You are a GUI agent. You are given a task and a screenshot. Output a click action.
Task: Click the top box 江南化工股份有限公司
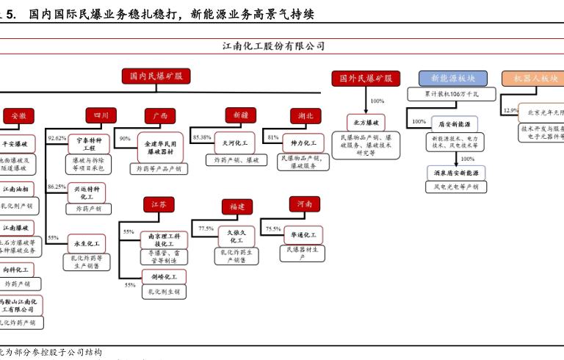(273, 46)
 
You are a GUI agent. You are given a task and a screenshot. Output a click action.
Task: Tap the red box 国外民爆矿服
(365, 78)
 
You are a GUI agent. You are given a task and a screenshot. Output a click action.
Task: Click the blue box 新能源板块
(452, 78)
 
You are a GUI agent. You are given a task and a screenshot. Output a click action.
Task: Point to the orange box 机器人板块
(535, 78)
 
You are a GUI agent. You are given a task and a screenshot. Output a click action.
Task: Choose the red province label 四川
(101, 115)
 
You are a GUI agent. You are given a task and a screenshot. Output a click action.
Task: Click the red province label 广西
(159, 116)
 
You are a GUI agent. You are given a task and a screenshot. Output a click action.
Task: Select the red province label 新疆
(240, 115)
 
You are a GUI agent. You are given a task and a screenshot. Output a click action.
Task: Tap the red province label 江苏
(159, 204)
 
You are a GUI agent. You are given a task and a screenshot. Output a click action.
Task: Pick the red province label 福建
(237, 207)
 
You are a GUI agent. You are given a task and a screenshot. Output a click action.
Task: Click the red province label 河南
(304, 204)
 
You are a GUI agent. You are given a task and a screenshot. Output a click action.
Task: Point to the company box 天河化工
(235, 140)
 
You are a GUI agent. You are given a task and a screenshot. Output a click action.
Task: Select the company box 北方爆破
(365, 123)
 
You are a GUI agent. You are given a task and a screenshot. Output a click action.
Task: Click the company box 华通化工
(303, 235)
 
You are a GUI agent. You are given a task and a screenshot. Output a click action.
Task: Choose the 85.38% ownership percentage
(202, 137)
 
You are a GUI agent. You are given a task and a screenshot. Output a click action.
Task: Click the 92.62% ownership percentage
(57, 138)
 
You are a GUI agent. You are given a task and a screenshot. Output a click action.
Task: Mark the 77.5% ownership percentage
(206, 228)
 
